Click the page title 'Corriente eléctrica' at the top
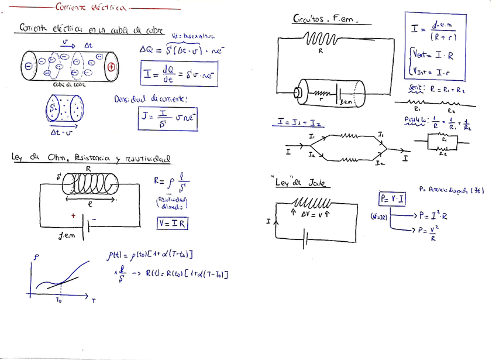tap(91, 8)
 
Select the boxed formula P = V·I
tap(391, 199)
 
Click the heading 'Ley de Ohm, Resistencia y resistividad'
tap(91, 158)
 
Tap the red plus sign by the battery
tap(74, 215)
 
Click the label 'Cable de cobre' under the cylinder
tap(69, 85)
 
